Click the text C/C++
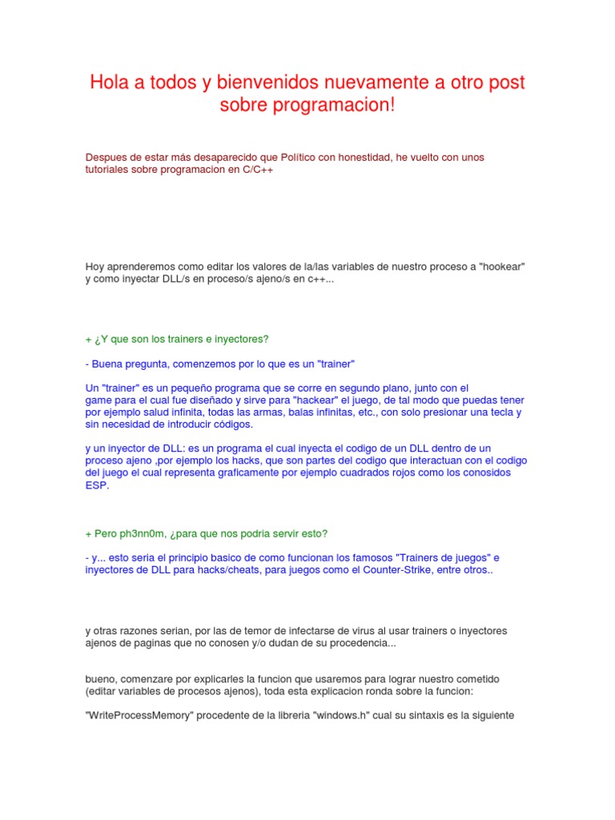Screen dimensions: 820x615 (258, 171)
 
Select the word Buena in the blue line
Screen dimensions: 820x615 (107, 363)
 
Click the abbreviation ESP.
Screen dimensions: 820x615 (96, 485)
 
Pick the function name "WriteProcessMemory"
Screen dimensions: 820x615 (143, 715)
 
